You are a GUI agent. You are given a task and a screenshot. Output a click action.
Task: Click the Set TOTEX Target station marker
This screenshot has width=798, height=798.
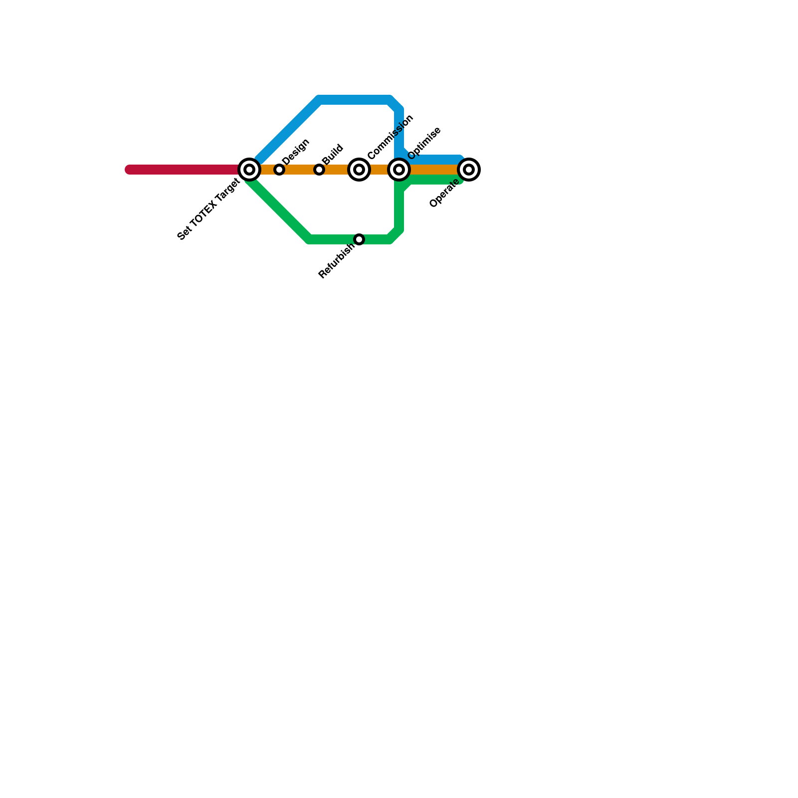point(249,170)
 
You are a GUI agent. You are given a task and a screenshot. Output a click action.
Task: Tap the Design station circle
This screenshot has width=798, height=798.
point(279,170)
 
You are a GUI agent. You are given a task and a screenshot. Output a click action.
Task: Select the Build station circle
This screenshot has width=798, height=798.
point(319,170)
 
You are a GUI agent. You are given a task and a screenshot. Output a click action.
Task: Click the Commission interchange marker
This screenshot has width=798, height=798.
point(359,170)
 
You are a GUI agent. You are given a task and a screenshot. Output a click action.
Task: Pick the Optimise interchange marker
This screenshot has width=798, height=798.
point(399,170)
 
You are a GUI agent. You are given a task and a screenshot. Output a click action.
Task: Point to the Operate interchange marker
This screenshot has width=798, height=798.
point(469,170)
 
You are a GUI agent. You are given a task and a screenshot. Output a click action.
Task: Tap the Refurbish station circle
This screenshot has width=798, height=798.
point(359,239)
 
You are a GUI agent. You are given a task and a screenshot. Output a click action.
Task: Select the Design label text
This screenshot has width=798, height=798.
point(296,151)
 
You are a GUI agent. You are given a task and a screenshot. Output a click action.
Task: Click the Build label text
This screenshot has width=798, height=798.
point(333,154)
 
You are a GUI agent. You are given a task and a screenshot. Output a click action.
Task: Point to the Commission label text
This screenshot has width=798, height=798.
point(391,137)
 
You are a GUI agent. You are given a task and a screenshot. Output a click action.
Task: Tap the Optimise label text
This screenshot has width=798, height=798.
point(424,143)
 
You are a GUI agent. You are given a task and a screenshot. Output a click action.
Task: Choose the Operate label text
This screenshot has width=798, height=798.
point(444,194)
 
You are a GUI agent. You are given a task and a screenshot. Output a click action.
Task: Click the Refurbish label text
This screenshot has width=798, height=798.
point(336,260)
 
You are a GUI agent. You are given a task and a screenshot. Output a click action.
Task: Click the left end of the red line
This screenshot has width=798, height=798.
point(128,170)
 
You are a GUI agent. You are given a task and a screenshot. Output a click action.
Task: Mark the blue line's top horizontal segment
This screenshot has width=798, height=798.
point(354,100)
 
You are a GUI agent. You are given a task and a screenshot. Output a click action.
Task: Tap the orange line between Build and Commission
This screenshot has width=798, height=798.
point(339,170)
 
